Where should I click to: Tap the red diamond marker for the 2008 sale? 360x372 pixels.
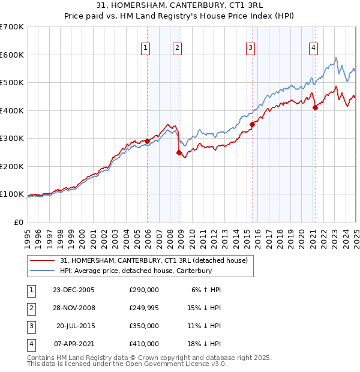[179, 152]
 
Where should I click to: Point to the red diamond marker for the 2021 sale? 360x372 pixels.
[315, 108]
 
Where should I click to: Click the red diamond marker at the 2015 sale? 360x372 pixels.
[252, 125]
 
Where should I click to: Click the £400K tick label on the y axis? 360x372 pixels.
[11, 110]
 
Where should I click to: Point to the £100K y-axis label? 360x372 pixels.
[11, 194]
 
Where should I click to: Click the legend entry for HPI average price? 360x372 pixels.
[136, 271]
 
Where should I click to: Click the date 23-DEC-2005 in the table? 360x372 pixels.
[73, 290]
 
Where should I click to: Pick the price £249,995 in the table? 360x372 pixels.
[143, 308]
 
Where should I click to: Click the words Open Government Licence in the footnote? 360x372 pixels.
[175, 364]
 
